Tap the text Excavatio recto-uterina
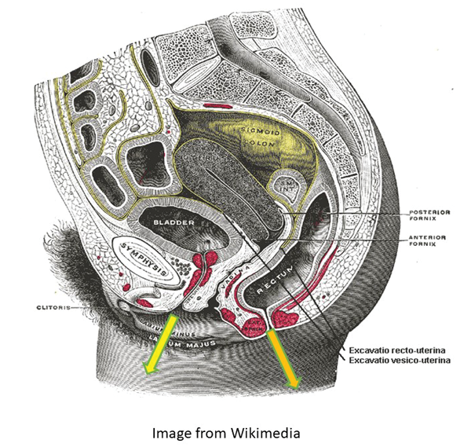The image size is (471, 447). point(396,348)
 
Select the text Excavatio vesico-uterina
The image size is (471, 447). point(397,360)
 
